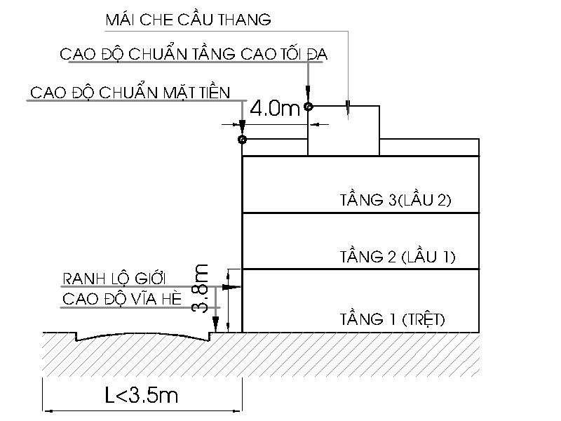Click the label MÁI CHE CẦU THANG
click(188, 19)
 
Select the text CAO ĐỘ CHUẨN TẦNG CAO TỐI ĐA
click(194, 54)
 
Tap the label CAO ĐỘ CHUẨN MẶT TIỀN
click(130, 92)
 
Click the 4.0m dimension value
click(274, 108)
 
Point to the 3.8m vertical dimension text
click(200, 288)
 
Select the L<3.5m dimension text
click(142, 395)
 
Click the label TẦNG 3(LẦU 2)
click(396, 200)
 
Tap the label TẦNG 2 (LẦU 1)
click(397, 257)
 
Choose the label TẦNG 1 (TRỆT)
click(392, 319)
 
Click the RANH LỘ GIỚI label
click(114, 278)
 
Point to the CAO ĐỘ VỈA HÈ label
click(122, 299)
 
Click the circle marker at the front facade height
click(242, 139)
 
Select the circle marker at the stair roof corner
click(308, 107)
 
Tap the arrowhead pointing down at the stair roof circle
click(308, 93)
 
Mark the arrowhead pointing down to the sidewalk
click(215, 324)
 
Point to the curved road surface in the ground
click(143, 337)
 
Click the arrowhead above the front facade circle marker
click(242, 127)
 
